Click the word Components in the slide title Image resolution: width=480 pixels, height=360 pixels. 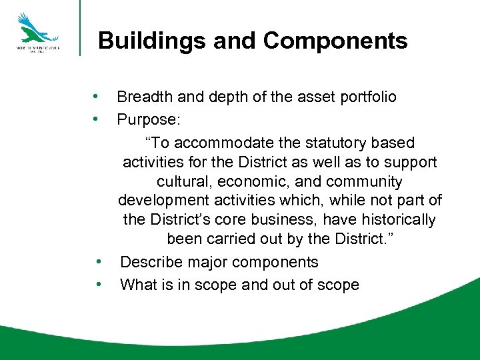(x=335, y=41)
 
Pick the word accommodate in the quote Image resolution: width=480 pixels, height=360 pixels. (x=224, y=143)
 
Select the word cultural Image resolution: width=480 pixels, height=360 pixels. (x=181, y=182)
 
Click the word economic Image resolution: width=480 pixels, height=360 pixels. (x=251, y=182)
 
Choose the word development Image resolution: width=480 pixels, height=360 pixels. (x=163, y=201)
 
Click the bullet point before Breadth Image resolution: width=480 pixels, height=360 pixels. (x=97, y=97)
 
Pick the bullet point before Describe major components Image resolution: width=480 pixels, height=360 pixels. (x=97, y=261)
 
